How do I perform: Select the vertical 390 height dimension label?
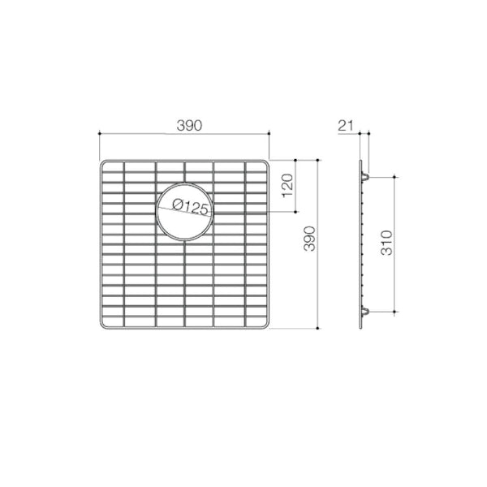tap(309, 240)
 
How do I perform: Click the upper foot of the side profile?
tap(368, 174)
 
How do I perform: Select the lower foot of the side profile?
tap(368, 312)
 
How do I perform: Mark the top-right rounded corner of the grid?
tap(266, 163)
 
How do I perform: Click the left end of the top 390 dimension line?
tap(99, 134)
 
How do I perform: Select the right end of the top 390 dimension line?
tap(270, 134)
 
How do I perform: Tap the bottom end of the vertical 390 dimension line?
tap(317, 328)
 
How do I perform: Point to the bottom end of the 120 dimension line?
tap(295, 213)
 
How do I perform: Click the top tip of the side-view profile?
tap(360, 160)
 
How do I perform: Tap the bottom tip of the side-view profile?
tap(360, 328)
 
